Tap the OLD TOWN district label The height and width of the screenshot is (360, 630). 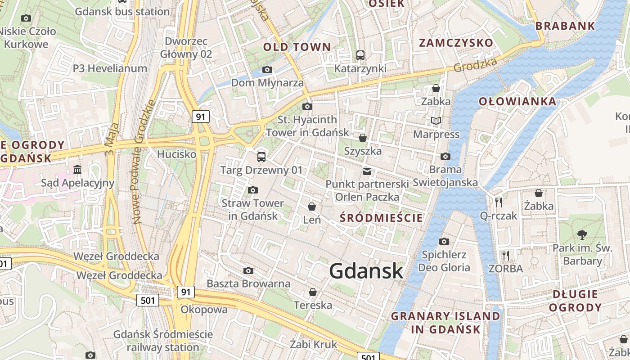coord(297,47)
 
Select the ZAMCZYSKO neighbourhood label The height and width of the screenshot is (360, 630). coord(456,43)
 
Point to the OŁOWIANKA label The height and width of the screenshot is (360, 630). coord(517,101)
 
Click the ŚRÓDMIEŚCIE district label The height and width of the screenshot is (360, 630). coord(382,218)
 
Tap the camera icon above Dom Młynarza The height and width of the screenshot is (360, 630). coord(267,70)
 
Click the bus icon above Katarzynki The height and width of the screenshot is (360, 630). coord(360,55)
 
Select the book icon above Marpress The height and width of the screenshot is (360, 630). coord(436,121)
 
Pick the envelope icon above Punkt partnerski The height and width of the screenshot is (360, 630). coord(367,171)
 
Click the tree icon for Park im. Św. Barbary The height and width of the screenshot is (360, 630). coord(582,234)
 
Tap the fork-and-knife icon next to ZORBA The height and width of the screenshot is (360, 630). coord(506,256)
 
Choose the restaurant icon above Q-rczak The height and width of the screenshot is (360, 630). coord(498,202)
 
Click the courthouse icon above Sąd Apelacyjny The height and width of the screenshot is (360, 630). coord(77,170)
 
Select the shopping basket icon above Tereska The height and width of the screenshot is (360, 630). coord(313,292)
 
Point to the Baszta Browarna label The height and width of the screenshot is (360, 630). coord(248,283)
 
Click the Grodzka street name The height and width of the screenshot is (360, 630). coord(475,65)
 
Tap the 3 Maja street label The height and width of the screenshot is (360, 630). coord(111,139)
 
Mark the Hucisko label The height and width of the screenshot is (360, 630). coord(177,154)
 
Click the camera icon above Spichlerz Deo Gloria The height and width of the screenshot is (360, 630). coord(444,242)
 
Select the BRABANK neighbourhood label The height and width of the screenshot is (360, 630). coord(566,26)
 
